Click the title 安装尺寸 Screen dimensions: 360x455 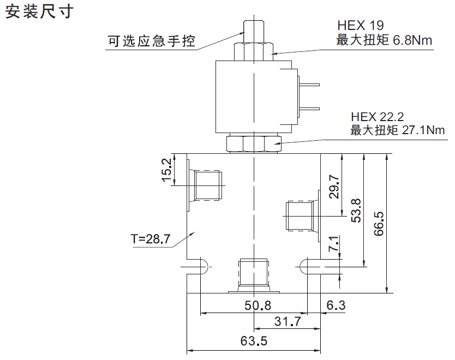point(39,13)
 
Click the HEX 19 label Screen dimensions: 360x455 point(360,26)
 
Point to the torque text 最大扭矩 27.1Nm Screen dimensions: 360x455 point(398,130)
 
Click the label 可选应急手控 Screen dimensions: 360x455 point(151,40)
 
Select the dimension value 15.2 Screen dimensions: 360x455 point(167,170)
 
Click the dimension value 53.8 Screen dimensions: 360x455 point(356,209)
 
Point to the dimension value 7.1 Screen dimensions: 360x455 point(334,244)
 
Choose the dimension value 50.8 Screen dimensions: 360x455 point(258,305)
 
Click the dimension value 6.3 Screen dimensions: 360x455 point(336,305)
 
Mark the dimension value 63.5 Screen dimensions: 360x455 point(254,341)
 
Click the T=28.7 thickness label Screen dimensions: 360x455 point(151,238)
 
